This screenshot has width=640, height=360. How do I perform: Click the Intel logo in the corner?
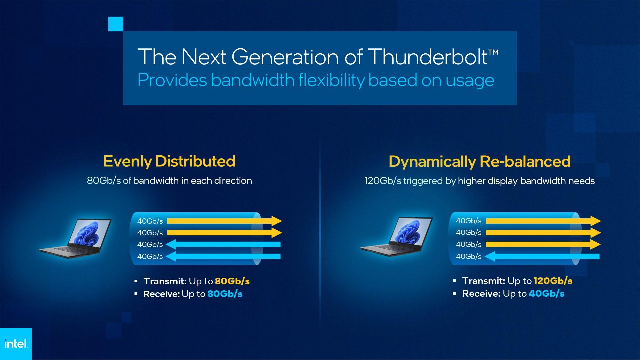pos(16,343)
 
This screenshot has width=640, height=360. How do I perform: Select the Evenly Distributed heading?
pos(169,161)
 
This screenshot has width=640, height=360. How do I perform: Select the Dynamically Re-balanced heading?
pos(479,162)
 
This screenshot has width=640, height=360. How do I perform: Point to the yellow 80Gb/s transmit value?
pos(232,281)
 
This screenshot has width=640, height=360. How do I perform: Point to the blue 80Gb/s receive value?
pos(225,294)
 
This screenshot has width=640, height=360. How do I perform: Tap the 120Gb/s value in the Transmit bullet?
pos(553,281)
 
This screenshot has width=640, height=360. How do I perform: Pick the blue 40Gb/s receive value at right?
pos(546,294)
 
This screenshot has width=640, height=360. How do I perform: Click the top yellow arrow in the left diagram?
pos(224,221)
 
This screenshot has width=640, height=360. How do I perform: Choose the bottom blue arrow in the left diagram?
pos(223,256)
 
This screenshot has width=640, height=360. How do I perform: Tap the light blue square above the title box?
pos(116,24)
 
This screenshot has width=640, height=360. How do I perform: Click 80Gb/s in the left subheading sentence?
pos(104,181)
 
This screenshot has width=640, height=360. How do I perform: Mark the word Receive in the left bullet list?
pos(161,294)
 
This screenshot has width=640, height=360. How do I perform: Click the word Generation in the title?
pos(285,57)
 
